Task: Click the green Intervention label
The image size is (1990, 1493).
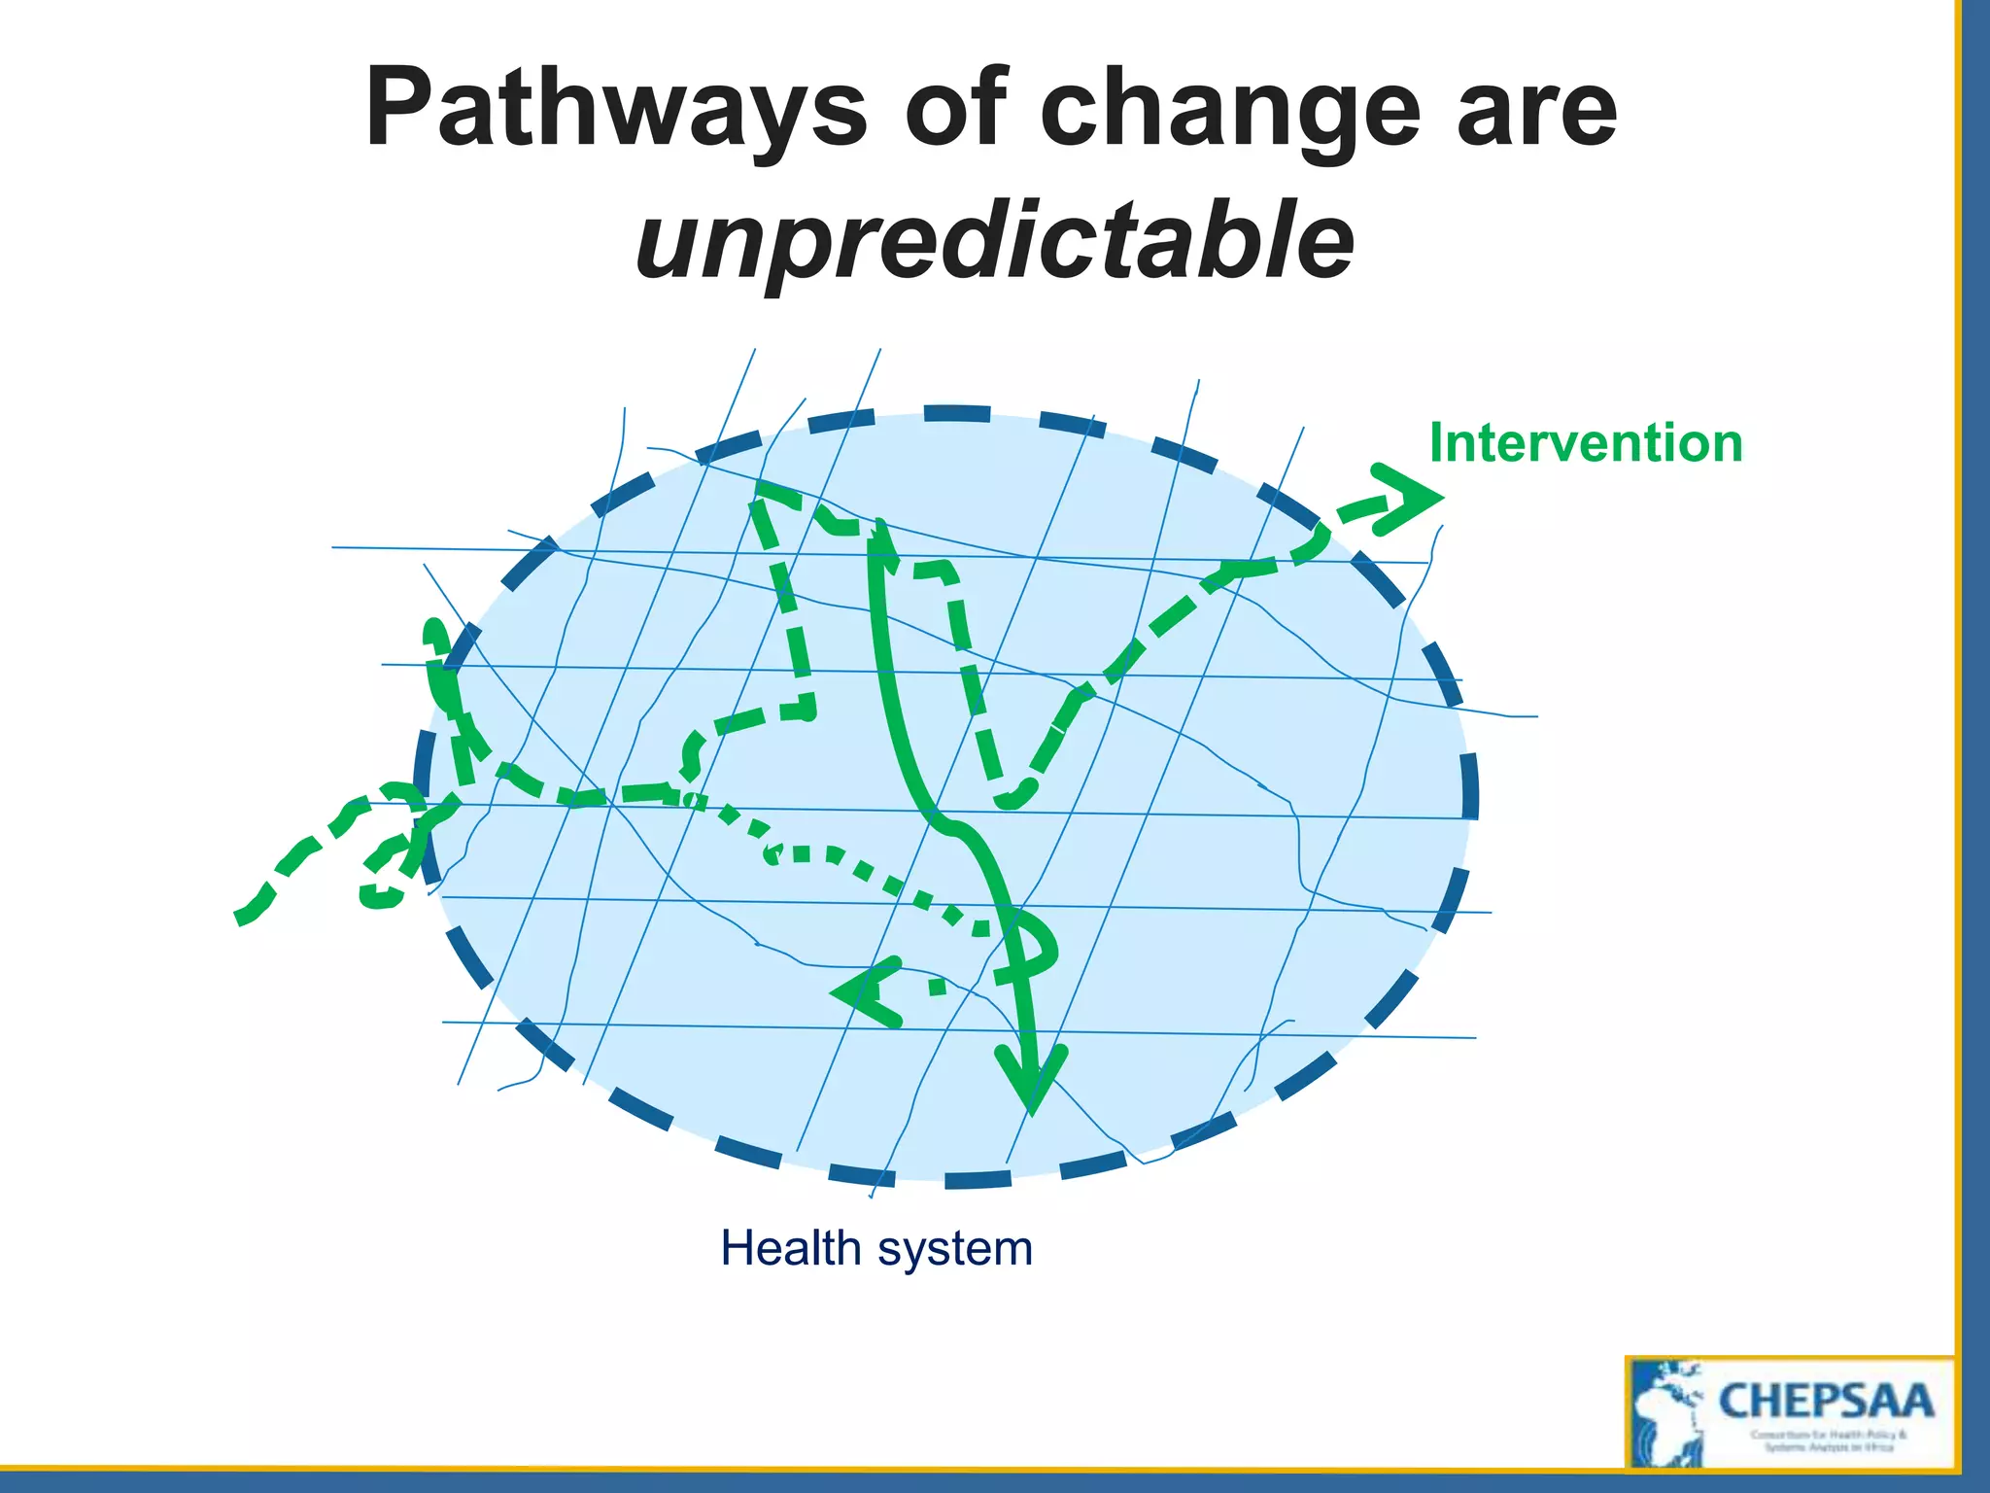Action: click(x=1586, y=443)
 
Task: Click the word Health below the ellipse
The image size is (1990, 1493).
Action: click(x=790, y=1248)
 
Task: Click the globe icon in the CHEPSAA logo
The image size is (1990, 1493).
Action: click(x=1667, y=1415)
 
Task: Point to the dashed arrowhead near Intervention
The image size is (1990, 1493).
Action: click(x=1409, y=499)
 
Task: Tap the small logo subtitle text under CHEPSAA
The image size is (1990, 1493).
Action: click(x=1828, y=1441)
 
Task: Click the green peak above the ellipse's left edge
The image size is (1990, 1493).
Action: click(x=433, y=632)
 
